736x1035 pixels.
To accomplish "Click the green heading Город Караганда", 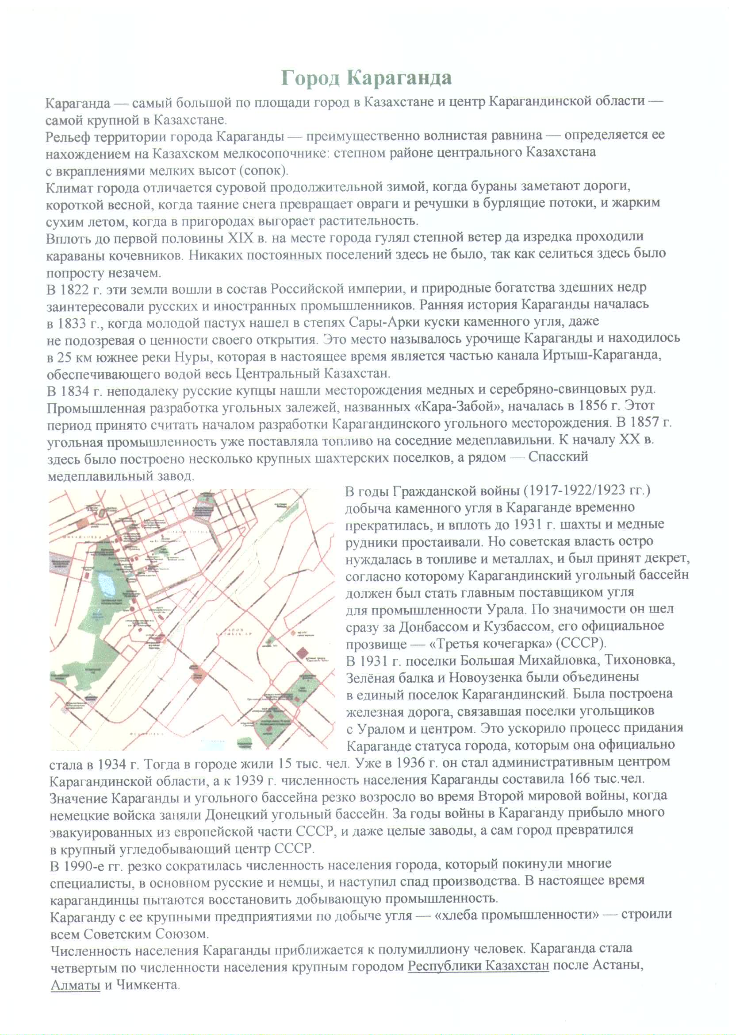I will point(366,78).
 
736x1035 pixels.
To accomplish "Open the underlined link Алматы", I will point(75,985).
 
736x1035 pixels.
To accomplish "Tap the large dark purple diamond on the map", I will point(302,653).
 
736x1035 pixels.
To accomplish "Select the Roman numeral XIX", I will point(241,238).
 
